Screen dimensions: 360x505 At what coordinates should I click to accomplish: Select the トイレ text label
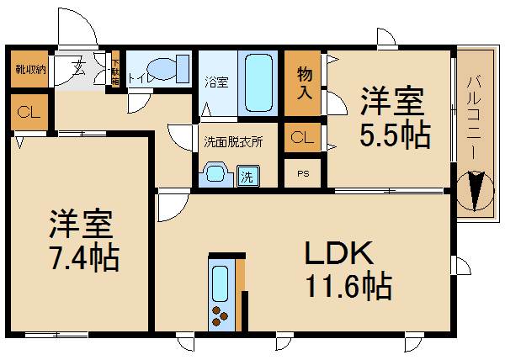138,81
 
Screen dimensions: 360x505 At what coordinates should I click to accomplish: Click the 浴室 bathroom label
216,82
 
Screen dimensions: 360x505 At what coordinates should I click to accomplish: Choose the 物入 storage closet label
306,82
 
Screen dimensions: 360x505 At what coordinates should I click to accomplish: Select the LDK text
337,252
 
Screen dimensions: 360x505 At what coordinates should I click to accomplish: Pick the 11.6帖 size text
347,288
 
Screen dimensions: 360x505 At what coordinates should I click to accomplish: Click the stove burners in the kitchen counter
221,317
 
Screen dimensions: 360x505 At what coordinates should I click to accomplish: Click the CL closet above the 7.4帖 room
27,111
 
